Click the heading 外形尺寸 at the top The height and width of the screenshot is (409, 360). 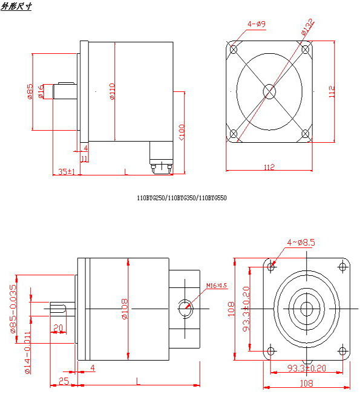coord(17,6)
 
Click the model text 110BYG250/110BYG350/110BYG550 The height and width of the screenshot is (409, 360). coord(182,197)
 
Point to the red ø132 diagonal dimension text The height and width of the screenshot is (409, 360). coord(307,27)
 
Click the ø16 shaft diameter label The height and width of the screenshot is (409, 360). coord(41,92)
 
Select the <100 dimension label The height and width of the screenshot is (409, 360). coord(182,131)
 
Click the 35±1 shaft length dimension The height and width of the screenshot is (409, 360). coord(66,172)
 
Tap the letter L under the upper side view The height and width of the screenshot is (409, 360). coord(125,172)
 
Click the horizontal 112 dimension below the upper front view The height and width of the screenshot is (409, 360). coord(269,167)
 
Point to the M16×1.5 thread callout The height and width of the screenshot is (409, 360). coord(216,285)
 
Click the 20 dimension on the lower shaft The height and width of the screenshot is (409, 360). coord(58,328)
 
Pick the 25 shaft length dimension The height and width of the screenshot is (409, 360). coord(63,381)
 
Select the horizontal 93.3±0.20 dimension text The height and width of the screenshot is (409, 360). coord(306,367)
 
